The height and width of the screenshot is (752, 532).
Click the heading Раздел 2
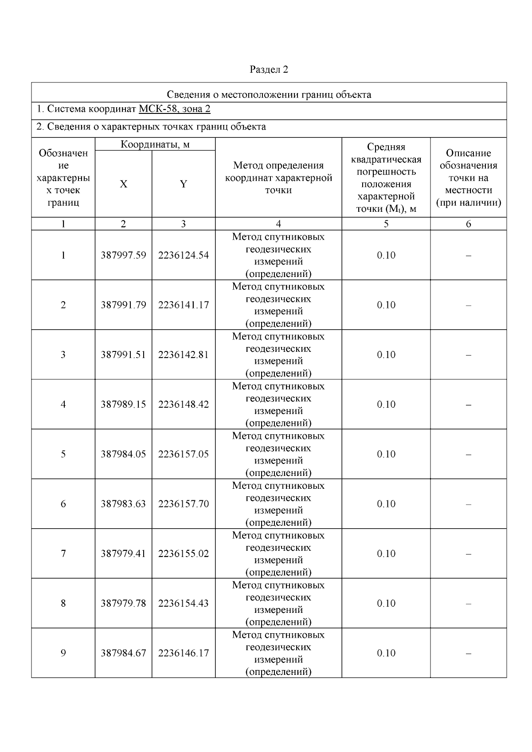pos(269,70)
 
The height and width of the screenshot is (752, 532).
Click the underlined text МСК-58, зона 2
pos(174,109)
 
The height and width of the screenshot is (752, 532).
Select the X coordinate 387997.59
pos(123,255)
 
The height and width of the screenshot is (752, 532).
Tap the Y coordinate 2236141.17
pos(183,305)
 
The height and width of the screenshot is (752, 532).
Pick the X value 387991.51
pos(123,355)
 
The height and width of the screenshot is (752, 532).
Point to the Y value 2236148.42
pos(183,404)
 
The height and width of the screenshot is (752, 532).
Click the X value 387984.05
pos(123,454)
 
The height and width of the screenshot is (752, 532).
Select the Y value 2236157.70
pos(183,504)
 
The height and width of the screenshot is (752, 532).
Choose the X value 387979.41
pos(123,553)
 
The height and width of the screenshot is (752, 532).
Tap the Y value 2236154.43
pos(183,603)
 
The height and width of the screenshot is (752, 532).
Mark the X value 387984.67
pos(123,653)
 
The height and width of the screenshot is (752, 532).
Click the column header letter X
pos(123,184)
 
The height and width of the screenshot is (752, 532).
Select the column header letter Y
pos(183,184)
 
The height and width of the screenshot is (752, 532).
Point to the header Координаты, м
pos(155,144)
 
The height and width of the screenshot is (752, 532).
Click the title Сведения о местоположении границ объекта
pos(269,94)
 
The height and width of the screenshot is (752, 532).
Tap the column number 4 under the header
pos(278,224)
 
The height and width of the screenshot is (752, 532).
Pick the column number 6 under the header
pos(468,224)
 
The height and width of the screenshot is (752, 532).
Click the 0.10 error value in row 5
pos(386,454)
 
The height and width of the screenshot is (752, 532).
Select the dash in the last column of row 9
pos(468,653)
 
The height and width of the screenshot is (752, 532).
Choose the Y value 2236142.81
pos(183,355)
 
